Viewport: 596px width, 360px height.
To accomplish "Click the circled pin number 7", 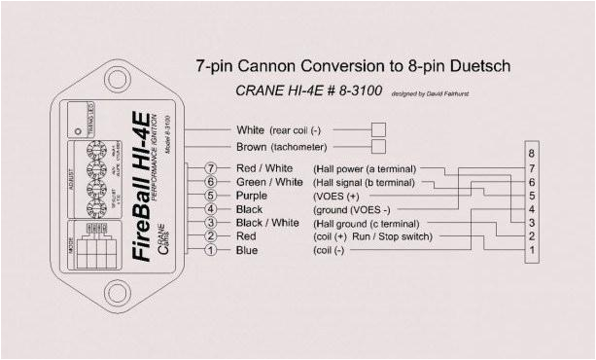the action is pyautogui.click(x=209, y=168).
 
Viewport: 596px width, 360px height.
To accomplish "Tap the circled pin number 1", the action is pyautogui.click(x=209, y=250).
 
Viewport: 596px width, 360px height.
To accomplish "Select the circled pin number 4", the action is pyautogui.click(x=209, y=209).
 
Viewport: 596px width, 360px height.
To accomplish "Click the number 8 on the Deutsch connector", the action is pyautogui.click(x=530, y=154).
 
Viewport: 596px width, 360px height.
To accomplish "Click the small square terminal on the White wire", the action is pyautogui.click(x=379, y=128).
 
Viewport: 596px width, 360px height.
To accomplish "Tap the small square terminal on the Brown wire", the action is pyautogui.click(x=379, y=147).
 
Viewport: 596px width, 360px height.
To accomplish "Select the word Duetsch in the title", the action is pyautogui.click(x=477, y=65).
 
